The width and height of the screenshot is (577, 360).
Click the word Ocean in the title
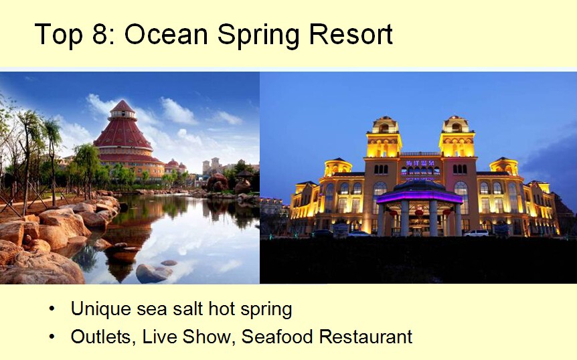(166, 34)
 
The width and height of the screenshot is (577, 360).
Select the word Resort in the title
(351, 34)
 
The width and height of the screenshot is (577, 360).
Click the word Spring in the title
(258, 36)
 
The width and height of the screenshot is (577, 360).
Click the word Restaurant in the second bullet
(365, 337)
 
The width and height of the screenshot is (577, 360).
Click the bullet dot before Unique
(52, 308)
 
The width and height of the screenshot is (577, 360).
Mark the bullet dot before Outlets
(52, 337)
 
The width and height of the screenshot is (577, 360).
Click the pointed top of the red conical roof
(122, 100)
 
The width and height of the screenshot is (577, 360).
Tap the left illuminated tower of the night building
(384, 137)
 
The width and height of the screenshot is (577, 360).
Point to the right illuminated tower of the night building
(457, 137)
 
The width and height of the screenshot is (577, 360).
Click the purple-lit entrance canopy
(420, 195)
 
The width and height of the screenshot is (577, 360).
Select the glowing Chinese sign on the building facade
(420, 163)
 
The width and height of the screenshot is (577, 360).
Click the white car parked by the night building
(476, 233)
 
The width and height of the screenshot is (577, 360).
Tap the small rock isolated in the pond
(169, 262)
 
